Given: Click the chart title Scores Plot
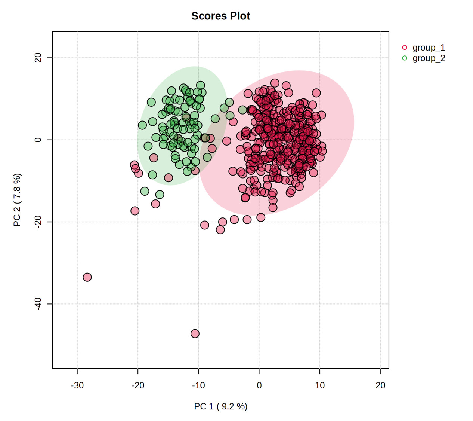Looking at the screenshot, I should [220, 16].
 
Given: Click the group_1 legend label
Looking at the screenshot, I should [429, 48].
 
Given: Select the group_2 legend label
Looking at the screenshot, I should [429, 58].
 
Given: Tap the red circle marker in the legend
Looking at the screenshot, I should [405, 48].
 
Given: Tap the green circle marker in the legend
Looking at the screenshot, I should [405, 58].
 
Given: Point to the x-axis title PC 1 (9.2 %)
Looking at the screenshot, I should [220, 406].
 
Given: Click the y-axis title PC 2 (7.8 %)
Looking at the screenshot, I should [17, 200].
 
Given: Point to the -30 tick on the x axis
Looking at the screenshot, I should [77, 385].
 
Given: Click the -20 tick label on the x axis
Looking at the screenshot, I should [138, 385].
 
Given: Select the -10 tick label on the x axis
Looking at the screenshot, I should [198, 385].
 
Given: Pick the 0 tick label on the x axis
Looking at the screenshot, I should [259, 385].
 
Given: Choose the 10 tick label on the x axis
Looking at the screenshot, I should [320, 385].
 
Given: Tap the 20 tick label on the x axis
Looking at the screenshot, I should [380, 385].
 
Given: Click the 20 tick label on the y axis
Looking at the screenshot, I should [38, 58].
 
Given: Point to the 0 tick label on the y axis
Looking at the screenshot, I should [38, 140].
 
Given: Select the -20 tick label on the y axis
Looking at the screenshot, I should [38, 222].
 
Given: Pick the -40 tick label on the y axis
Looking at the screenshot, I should [38, 304].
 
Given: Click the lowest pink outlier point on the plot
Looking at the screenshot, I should [195, 333].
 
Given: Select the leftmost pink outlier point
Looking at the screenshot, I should [87, 277].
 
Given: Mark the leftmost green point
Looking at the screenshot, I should [142, 125].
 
